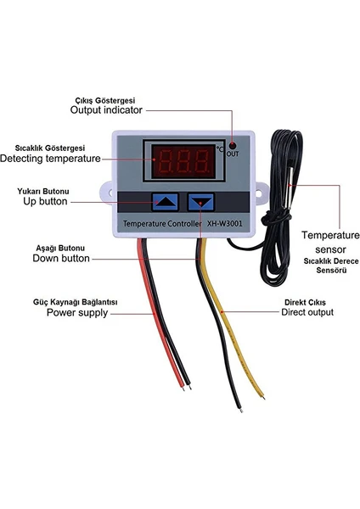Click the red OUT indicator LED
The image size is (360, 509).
233,145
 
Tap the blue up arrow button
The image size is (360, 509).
165,202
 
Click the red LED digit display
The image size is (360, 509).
183,161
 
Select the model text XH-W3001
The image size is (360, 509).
224,224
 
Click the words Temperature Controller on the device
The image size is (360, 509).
162,224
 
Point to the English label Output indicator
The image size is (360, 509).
106,110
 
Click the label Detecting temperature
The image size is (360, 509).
50,159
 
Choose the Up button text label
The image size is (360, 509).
45,201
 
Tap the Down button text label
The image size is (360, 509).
61,259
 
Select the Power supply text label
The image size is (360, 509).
77,312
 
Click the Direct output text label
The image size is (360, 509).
307,312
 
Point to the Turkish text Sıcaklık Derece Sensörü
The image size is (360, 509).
331,266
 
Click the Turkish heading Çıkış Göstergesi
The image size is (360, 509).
105,100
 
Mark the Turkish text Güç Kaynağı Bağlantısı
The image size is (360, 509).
75,302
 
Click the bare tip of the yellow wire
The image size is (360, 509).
263,397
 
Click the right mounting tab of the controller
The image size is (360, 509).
262,193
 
